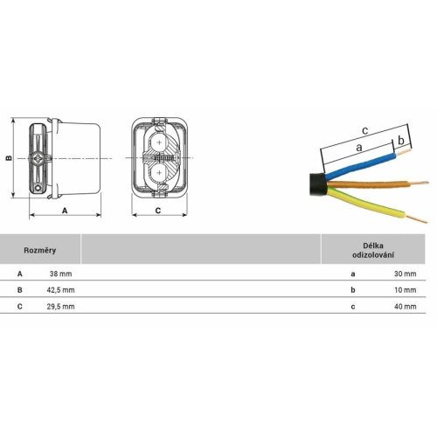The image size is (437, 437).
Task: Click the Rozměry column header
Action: click(39, 250)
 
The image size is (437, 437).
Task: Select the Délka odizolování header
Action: click(373, 250)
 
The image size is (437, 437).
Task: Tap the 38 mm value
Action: click(60, 274)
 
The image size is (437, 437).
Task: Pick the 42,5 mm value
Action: click(60, 290)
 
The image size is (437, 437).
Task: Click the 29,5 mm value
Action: click(60, 307)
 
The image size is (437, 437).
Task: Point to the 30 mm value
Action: click(406, 274)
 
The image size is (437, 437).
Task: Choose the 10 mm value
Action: click(406, 290)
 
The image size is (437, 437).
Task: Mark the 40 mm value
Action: click(406, 307)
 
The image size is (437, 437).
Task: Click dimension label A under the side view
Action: click(65, 211)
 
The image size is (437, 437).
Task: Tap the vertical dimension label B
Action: click(9, 158)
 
